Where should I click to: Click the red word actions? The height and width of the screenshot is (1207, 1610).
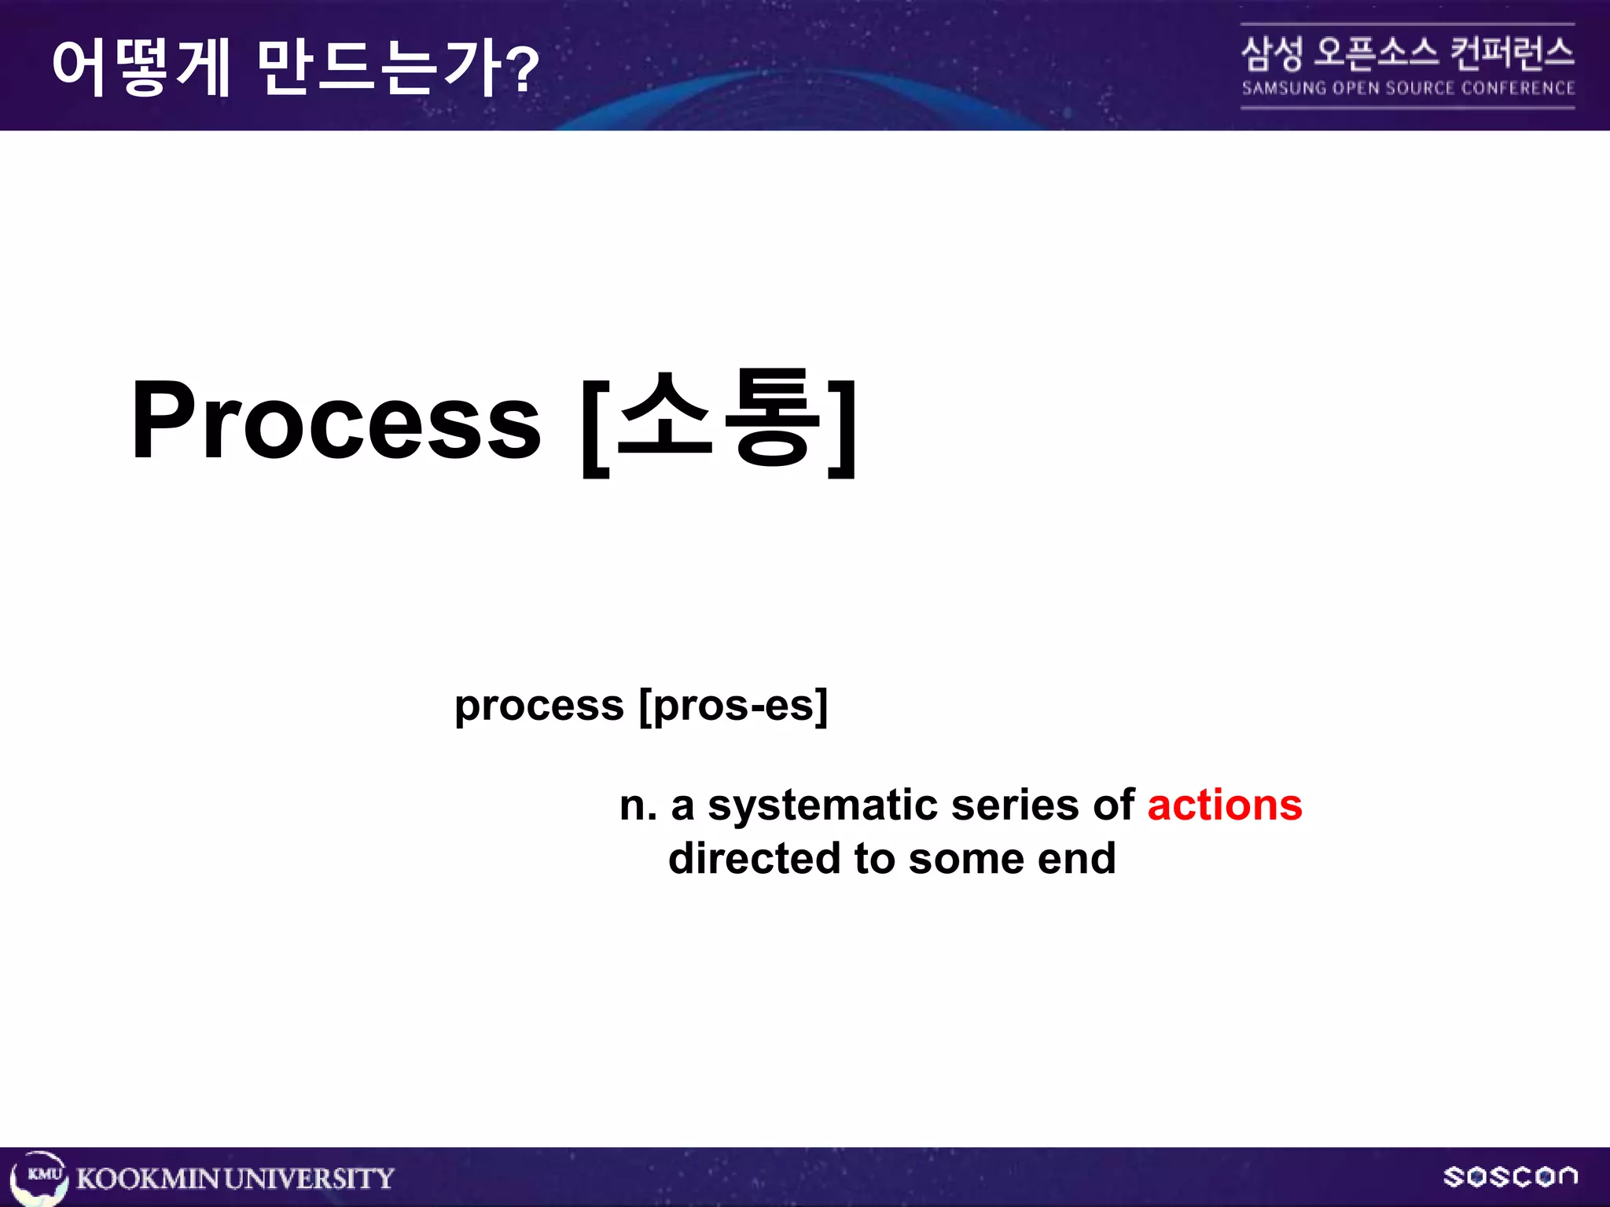(x=1224, y=806)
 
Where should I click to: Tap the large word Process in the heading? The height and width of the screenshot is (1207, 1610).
(x=336, y=420)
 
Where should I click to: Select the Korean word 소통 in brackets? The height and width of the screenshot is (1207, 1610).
(x=719, y=420)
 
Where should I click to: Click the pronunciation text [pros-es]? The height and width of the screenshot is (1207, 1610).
(x=733, y=706)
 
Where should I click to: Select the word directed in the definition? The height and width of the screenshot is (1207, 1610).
(x=754, y=858)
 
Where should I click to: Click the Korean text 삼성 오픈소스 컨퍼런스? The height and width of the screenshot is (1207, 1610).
(x=1407, y=53)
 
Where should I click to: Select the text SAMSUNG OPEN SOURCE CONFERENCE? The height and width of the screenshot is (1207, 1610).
(x=1407, y=88)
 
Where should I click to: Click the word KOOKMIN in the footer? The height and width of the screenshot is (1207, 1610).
(x=148, y=1179)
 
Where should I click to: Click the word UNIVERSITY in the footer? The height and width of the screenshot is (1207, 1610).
(x=309, y=1179)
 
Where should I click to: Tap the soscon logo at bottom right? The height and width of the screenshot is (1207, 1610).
(x=1509, y=1176)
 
